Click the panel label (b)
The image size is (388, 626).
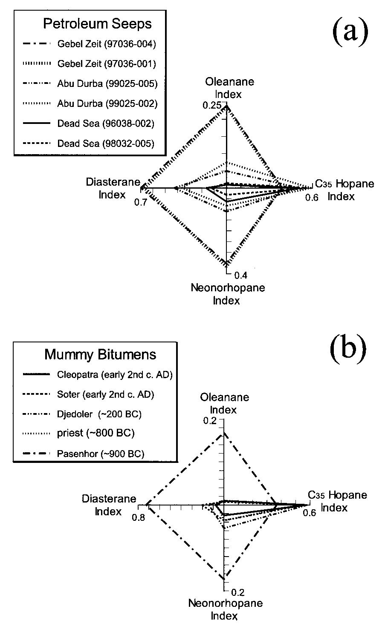point(348,349)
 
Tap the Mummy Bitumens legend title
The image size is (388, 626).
point(100,354)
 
